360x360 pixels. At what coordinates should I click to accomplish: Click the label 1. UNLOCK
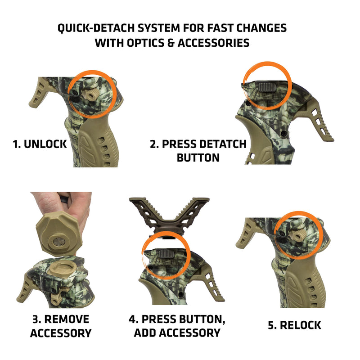tap(40, 144)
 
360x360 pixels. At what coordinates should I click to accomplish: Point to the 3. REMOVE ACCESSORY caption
tap(61, 326)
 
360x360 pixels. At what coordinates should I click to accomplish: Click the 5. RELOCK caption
tap(295, 325)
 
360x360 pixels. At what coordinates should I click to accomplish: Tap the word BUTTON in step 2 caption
tap(198, 158)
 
